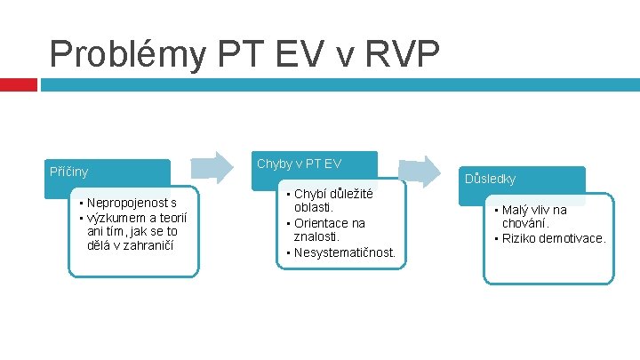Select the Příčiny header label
pyautogui.click(x=68, y=171)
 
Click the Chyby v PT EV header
pyautogui.click(x=298, y=163)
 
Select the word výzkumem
pyautogui.click(x=114, y=217)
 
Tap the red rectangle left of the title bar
pyautogui.click(x=18, y=84)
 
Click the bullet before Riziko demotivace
pyautogui.click(x=496, y=239)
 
